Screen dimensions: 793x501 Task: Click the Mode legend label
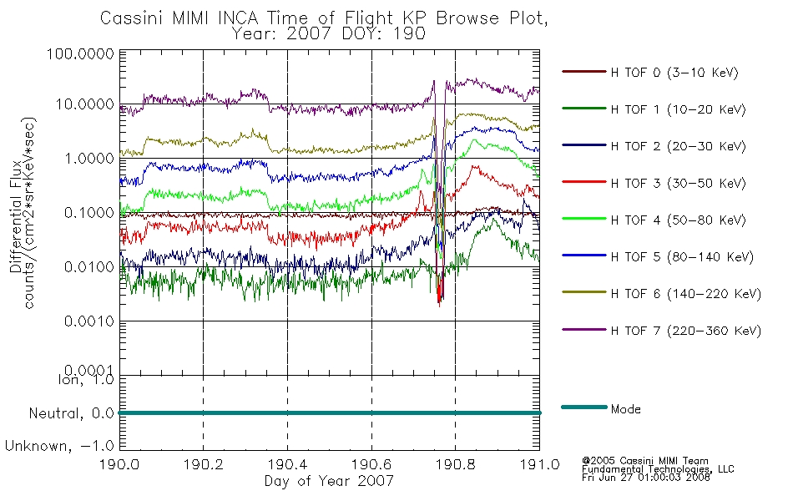[625, 409]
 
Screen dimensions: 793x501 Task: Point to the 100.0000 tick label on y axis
[80, 53]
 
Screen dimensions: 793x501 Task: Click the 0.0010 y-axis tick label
[89, 321]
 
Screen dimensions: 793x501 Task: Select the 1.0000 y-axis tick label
[89, 159]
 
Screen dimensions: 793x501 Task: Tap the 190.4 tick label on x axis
[287, 464]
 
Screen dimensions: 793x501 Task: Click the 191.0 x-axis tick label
[539, 464]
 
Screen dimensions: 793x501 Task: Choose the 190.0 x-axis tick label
[119, 464]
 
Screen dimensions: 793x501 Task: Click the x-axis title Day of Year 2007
[329, 481]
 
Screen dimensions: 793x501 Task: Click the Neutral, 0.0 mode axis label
[71, 414]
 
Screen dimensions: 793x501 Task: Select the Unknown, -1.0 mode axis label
[59, 447]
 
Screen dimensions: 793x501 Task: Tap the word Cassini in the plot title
[133, 18]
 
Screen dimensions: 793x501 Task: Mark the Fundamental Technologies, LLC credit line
[658, 469]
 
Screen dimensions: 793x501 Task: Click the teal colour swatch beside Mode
[584, 407]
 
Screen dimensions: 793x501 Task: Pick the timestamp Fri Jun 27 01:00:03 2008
[646, 478]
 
